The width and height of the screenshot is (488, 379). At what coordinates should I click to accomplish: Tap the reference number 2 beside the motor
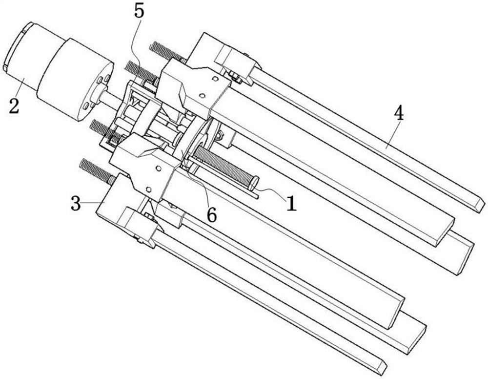[x=14, y=105]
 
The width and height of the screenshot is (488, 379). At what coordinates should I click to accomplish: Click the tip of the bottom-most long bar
[x=380, y=367]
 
